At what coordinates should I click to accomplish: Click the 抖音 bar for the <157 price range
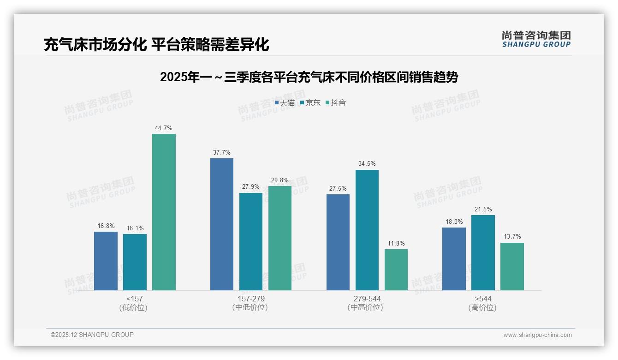click(164, 212)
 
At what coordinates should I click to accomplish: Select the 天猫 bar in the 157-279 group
click(222, 224)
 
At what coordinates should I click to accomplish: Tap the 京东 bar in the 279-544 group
click(367, 230)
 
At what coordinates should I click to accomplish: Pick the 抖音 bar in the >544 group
click(512, 266)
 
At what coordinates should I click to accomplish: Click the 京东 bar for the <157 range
click(135, 262)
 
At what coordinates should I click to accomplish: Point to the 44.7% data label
click(164, 128)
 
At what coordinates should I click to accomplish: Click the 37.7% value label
click(222, 153)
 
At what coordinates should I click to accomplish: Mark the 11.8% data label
click(396, 244)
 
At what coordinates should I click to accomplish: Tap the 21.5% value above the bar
click(483, 210)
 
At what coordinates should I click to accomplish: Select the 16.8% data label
click(106, 226)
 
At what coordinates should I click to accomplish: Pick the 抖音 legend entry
click(336, 103)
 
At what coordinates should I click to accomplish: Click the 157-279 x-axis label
click(251, 299)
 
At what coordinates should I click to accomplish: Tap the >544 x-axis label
click(483, 299)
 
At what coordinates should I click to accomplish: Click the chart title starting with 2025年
click(309, 77)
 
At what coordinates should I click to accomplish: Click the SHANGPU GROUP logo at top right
click(536, 39)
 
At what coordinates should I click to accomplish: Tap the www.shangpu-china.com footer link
click(537, 335)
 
